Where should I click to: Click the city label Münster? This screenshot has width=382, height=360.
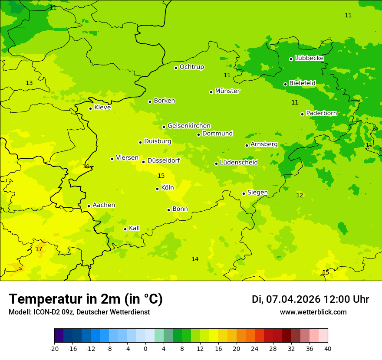(227, 91)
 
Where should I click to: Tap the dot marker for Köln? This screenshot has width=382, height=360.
(158, 189)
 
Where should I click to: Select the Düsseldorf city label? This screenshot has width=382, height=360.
(163, 161)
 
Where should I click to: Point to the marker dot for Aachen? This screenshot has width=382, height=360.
(89, 206)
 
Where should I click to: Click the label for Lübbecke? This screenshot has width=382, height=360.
(309, 58)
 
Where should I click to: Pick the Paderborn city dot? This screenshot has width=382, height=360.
(303, 114)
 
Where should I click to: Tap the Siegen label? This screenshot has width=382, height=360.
(257, 193)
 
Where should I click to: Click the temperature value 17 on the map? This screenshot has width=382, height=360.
(39, 249)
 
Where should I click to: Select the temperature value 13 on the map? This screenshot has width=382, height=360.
(29, 83)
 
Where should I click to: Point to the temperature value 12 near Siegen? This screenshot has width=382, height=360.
(300, 195)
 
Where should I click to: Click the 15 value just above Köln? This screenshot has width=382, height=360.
(161, 176)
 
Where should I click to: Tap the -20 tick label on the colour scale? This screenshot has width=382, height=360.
(54, 349)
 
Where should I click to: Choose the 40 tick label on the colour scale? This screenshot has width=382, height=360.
(328, 349)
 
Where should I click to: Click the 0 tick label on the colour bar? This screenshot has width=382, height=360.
(145, 349)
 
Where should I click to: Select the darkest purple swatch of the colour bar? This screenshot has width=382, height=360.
(59, 336)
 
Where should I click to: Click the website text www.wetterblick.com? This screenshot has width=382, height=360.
(313, 312)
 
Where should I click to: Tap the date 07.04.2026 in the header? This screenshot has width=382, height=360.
(293, 299)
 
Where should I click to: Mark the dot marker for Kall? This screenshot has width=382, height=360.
(125, 229)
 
